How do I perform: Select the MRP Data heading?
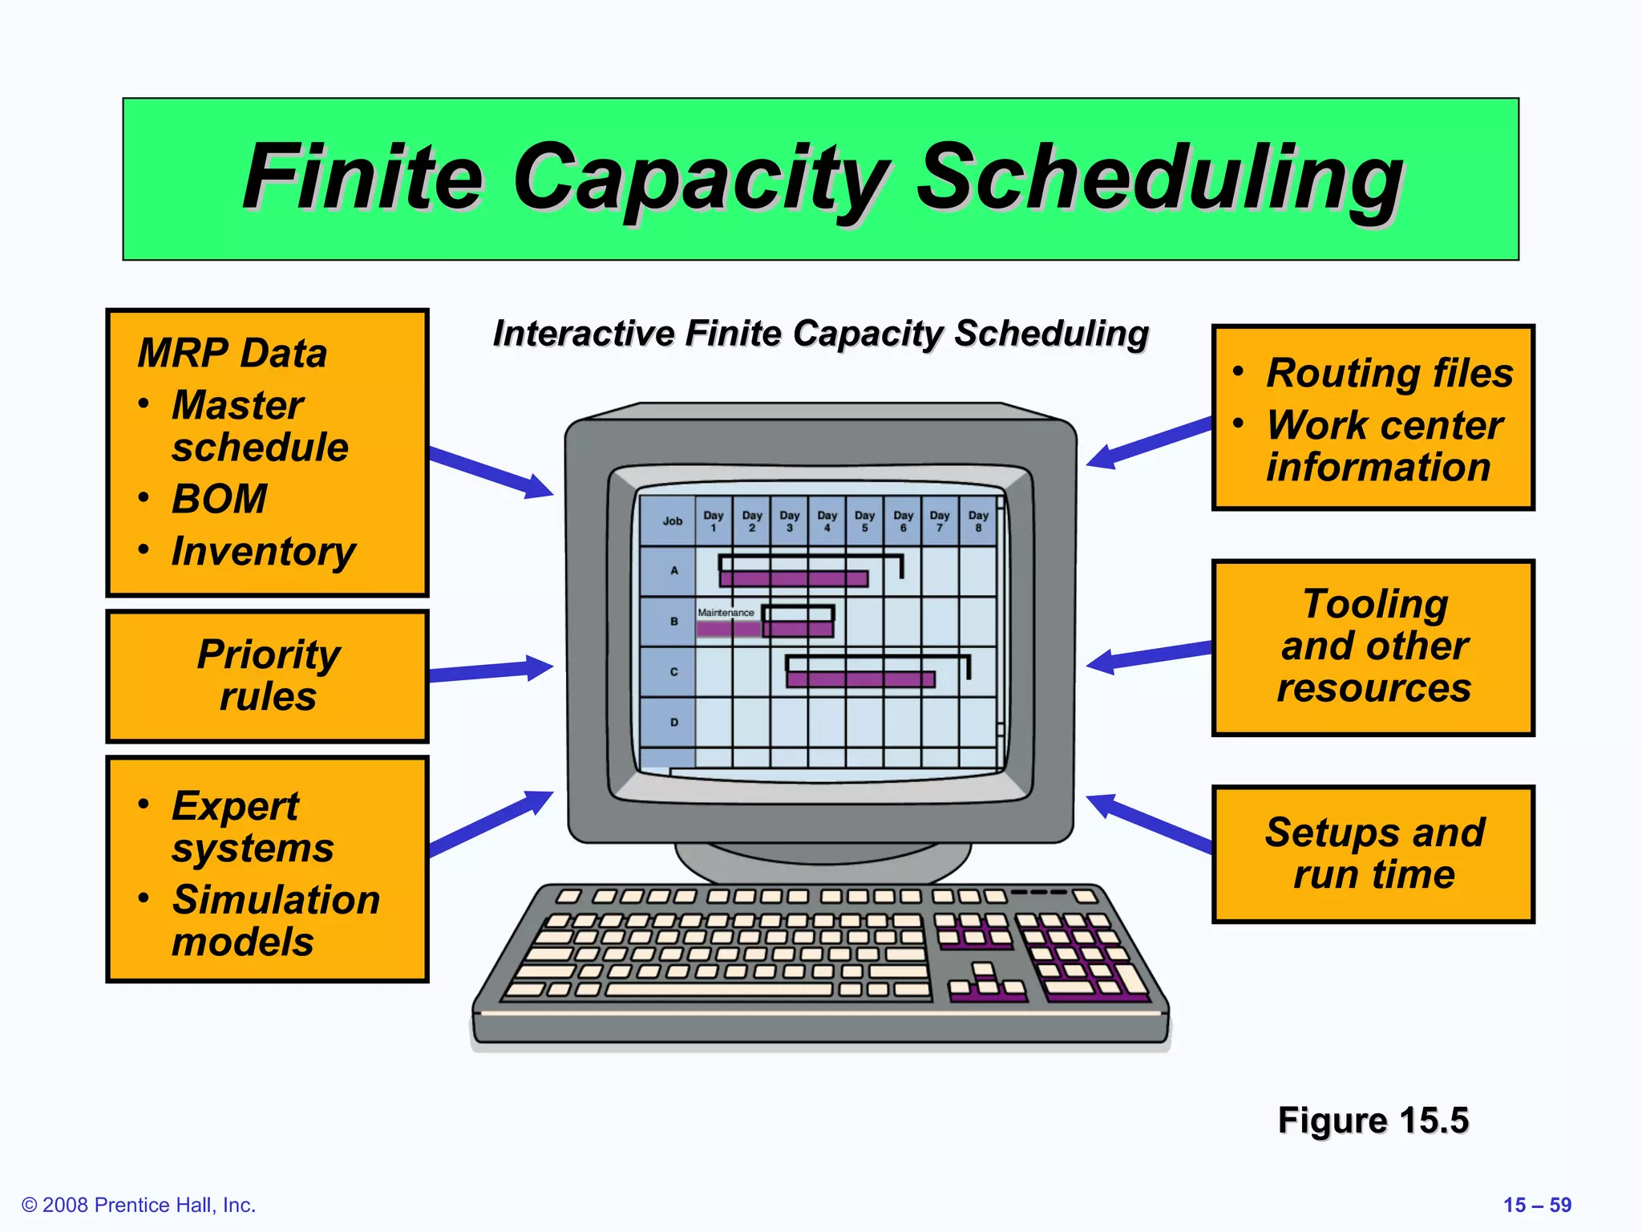[233, 353]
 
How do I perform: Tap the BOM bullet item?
[219, 499]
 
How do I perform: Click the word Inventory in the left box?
[263, 551]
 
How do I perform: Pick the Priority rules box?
[268, 675]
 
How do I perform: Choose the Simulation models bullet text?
[275, 920]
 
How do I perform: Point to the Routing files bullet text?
[1389, 373]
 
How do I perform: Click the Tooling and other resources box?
[1373, 646]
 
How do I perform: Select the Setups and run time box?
[1373, 853]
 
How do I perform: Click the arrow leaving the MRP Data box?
[489, 472]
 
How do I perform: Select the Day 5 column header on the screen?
[864, 521]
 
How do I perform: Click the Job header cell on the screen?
[672, 521]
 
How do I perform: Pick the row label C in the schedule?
[673, 671]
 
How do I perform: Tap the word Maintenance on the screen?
[726, 613]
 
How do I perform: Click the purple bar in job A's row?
[794, 579]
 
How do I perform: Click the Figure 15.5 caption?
[1373, 1120]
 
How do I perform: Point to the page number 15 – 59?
[1536, 1205]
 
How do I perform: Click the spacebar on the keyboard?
[719, 990]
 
